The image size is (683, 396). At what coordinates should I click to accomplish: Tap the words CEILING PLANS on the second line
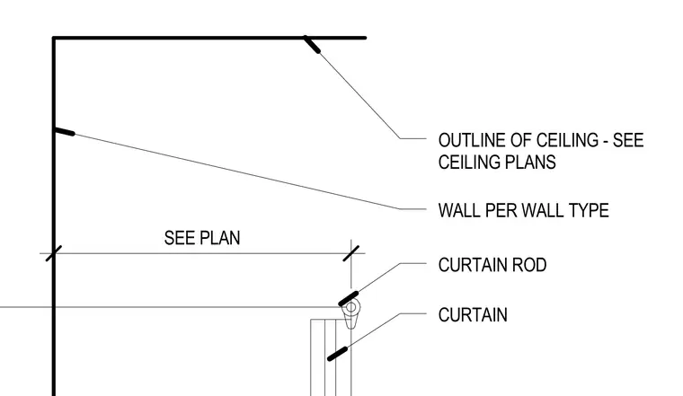point(497,163)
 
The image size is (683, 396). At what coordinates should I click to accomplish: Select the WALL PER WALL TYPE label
point(524,211)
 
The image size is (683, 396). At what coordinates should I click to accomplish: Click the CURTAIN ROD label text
point(492,265)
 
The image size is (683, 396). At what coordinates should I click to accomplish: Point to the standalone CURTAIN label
point(473,315)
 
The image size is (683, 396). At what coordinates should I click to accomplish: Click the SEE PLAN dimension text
point(202,238)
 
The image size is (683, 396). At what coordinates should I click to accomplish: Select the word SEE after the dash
point(628,141)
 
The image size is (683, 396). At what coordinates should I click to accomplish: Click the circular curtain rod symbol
point(351,308)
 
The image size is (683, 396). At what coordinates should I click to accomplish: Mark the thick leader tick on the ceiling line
point(312,44)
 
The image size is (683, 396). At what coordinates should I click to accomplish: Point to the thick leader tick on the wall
point(64,131)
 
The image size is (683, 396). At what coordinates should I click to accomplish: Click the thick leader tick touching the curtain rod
point(349,298)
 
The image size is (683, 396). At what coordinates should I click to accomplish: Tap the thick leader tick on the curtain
point(338,354)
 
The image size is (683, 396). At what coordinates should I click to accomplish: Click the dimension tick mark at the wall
point(54,253)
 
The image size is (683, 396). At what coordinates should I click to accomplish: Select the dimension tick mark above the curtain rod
point(351,253)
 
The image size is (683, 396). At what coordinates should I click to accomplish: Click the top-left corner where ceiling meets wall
point(54,38)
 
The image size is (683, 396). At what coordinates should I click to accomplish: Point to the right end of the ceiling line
point(366,38)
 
